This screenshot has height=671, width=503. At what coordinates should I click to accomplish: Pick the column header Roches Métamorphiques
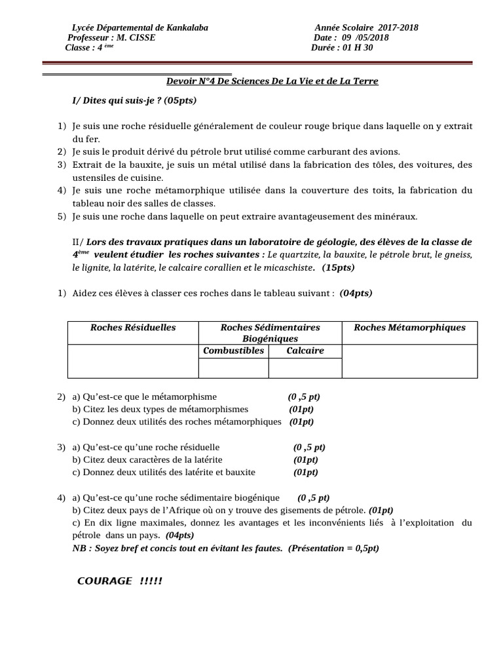coord(409,328)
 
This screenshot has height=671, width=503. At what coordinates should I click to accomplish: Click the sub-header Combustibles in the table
coord(234,351)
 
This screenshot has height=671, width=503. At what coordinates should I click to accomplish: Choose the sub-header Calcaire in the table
coord(305,351)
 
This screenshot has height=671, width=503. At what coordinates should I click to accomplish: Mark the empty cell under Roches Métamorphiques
coord(409,361)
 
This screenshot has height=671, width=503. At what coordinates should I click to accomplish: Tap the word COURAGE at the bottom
coord(105,581)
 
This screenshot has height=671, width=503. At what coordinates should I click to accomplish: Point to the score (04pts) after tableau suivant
coord(356,293)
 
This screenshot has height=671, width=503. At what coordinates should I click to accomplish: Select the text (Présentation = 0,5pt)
coord(333,548)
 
